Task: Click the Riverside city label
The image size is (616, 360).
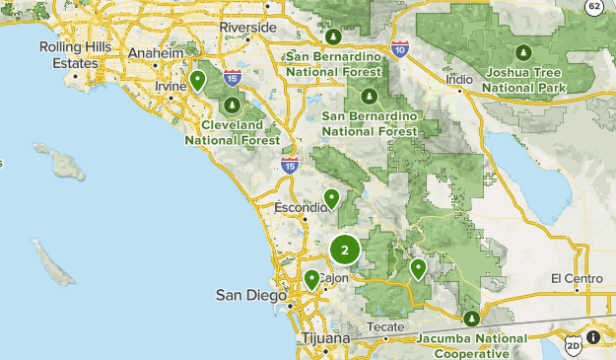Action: [247, 27]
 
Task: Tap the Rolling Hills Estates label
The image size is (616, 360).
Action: [69, 54]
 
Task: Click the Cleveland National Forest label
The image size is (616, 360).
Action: [232, 133]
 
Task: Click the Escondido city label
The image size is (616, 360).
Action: [301, 208]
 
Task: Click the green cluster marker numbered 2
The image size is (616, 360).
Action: [345, 251]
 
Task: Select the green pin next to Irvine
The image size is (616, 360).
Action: [197, 79]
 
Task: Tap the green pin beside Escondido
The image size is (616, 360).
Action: [332, 198]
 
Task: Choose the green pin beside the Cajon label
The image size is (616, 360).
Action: [311, 279]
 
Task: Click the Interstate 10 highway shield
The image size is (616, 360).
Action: [399, 48]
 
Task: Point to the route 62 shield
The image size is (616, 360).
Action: [593, 6]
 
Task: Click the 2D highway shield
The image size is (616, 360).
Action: [574, 346]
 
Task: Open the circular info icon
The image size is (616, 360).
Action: [594, 338]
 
